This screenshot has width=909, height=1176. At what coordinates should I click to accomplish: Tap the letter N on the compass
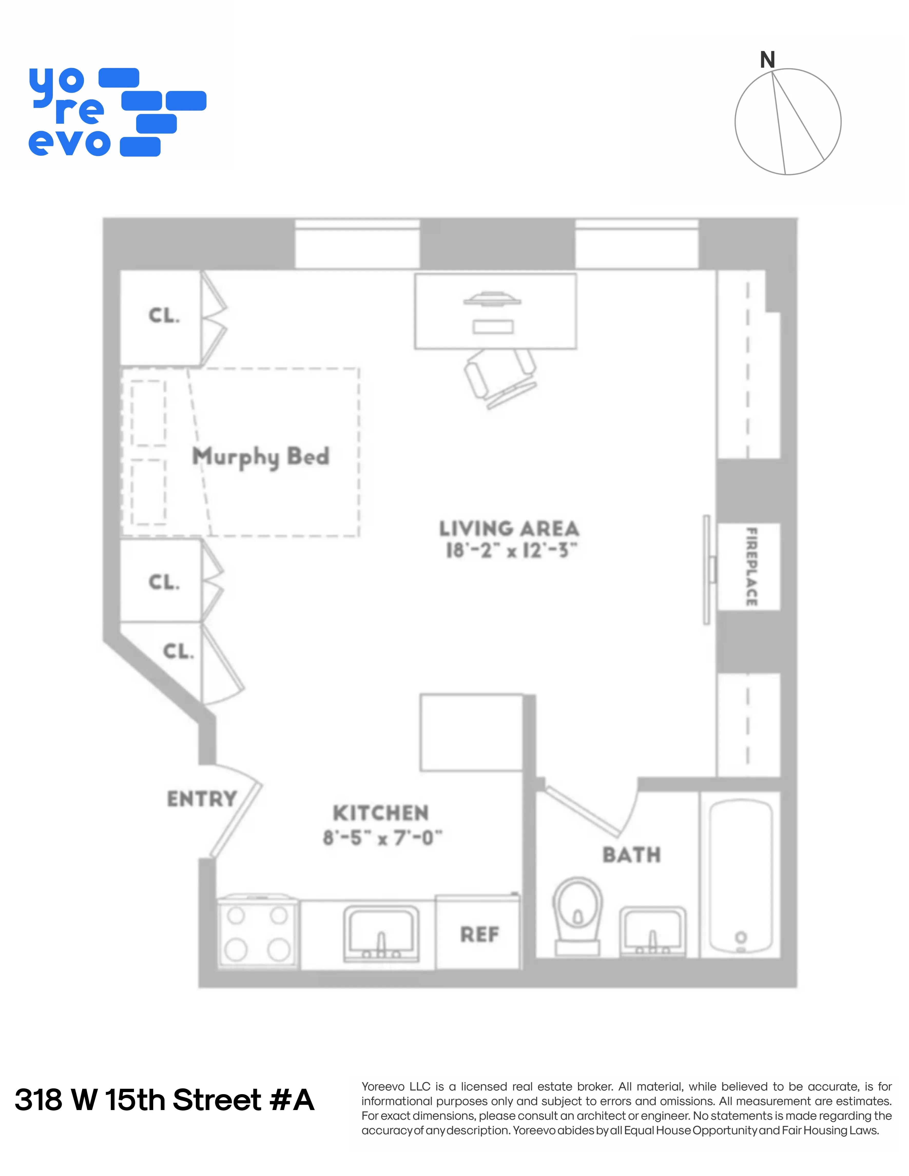(x=767, y=60)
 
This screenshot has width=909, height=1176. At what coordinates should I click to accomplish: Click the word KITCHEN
(x=381, y=813)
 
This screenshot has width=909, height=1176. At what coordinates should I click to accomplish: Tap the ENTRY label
(x=202, y=799)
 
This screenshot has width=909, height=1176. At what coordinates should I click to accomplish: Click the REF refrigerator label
(x=479, y=934)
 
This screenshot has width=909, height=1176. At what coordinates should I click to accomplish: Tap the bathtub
(x=740, y=875)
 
